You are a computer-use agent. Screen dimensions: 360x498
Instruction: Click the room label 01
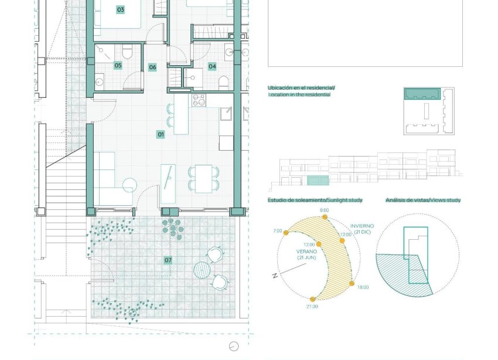161,135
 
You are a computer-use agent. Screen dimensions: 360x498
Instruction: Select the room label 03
120,10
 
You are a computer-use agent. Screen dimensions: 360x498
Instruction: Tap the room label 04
212,66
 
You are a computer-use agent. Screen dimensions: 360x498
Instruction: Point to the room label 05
118,66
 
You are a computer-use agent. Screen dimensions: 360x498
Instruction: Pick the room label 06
152,67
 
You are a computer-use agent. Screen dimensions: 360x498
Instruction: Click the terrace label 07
168,260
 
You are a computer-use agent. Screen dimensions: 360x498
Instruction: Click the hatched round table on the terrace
202,270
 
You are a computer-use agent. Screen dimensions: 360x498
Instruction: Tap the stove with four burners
199,100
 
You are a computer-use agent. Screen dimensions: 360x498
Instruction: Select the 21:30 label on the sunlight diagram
312,306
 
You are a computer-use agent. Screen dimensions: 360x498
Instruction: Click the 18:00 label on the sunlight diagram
363,287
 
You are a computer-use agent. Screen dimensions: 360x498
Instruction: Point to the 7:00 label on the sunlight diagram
278,231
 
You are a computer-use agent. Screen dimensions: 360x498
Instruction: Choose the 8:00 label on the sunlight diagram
325,210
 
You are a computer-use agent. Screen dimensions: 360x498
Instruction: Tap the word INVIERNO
362,226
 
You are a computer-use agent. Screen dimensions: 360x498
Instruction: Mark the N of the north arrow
275,276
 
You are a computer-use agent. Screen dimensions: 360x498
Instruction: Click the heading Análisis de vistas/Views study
422,201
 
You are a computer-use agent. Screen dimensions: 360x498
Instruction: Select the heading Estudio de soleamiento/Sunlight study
315,201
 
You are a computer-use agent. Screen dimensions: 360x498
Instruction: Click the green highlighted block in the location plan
422,94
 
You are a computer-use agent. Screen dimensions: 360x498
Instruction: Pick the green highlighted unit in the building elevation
318,180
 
